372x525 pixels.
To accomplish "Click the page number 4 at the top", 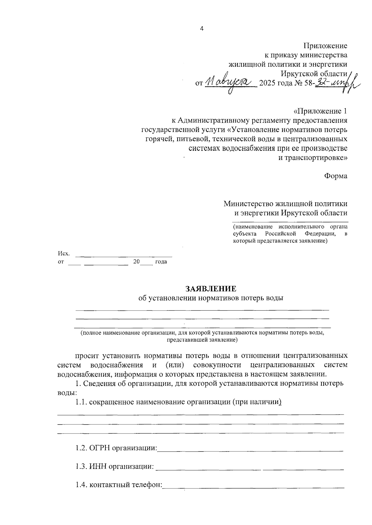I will [x=202, y=29].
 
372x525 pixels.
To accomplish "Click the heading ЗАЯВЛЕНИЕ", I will [x=211, y=289].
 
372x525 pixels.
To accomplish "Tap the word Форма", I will [x=336, y=176].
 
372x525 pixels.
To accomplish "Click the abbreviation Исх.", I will [x=64, y=254].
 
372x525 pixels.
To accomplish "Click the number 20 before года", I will [x=136, y=262].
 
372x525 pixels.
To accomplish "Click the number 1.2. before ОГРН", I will [x=82, y=448].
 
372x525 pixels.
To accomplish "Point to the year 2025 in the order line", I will [x=268, y=83].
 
